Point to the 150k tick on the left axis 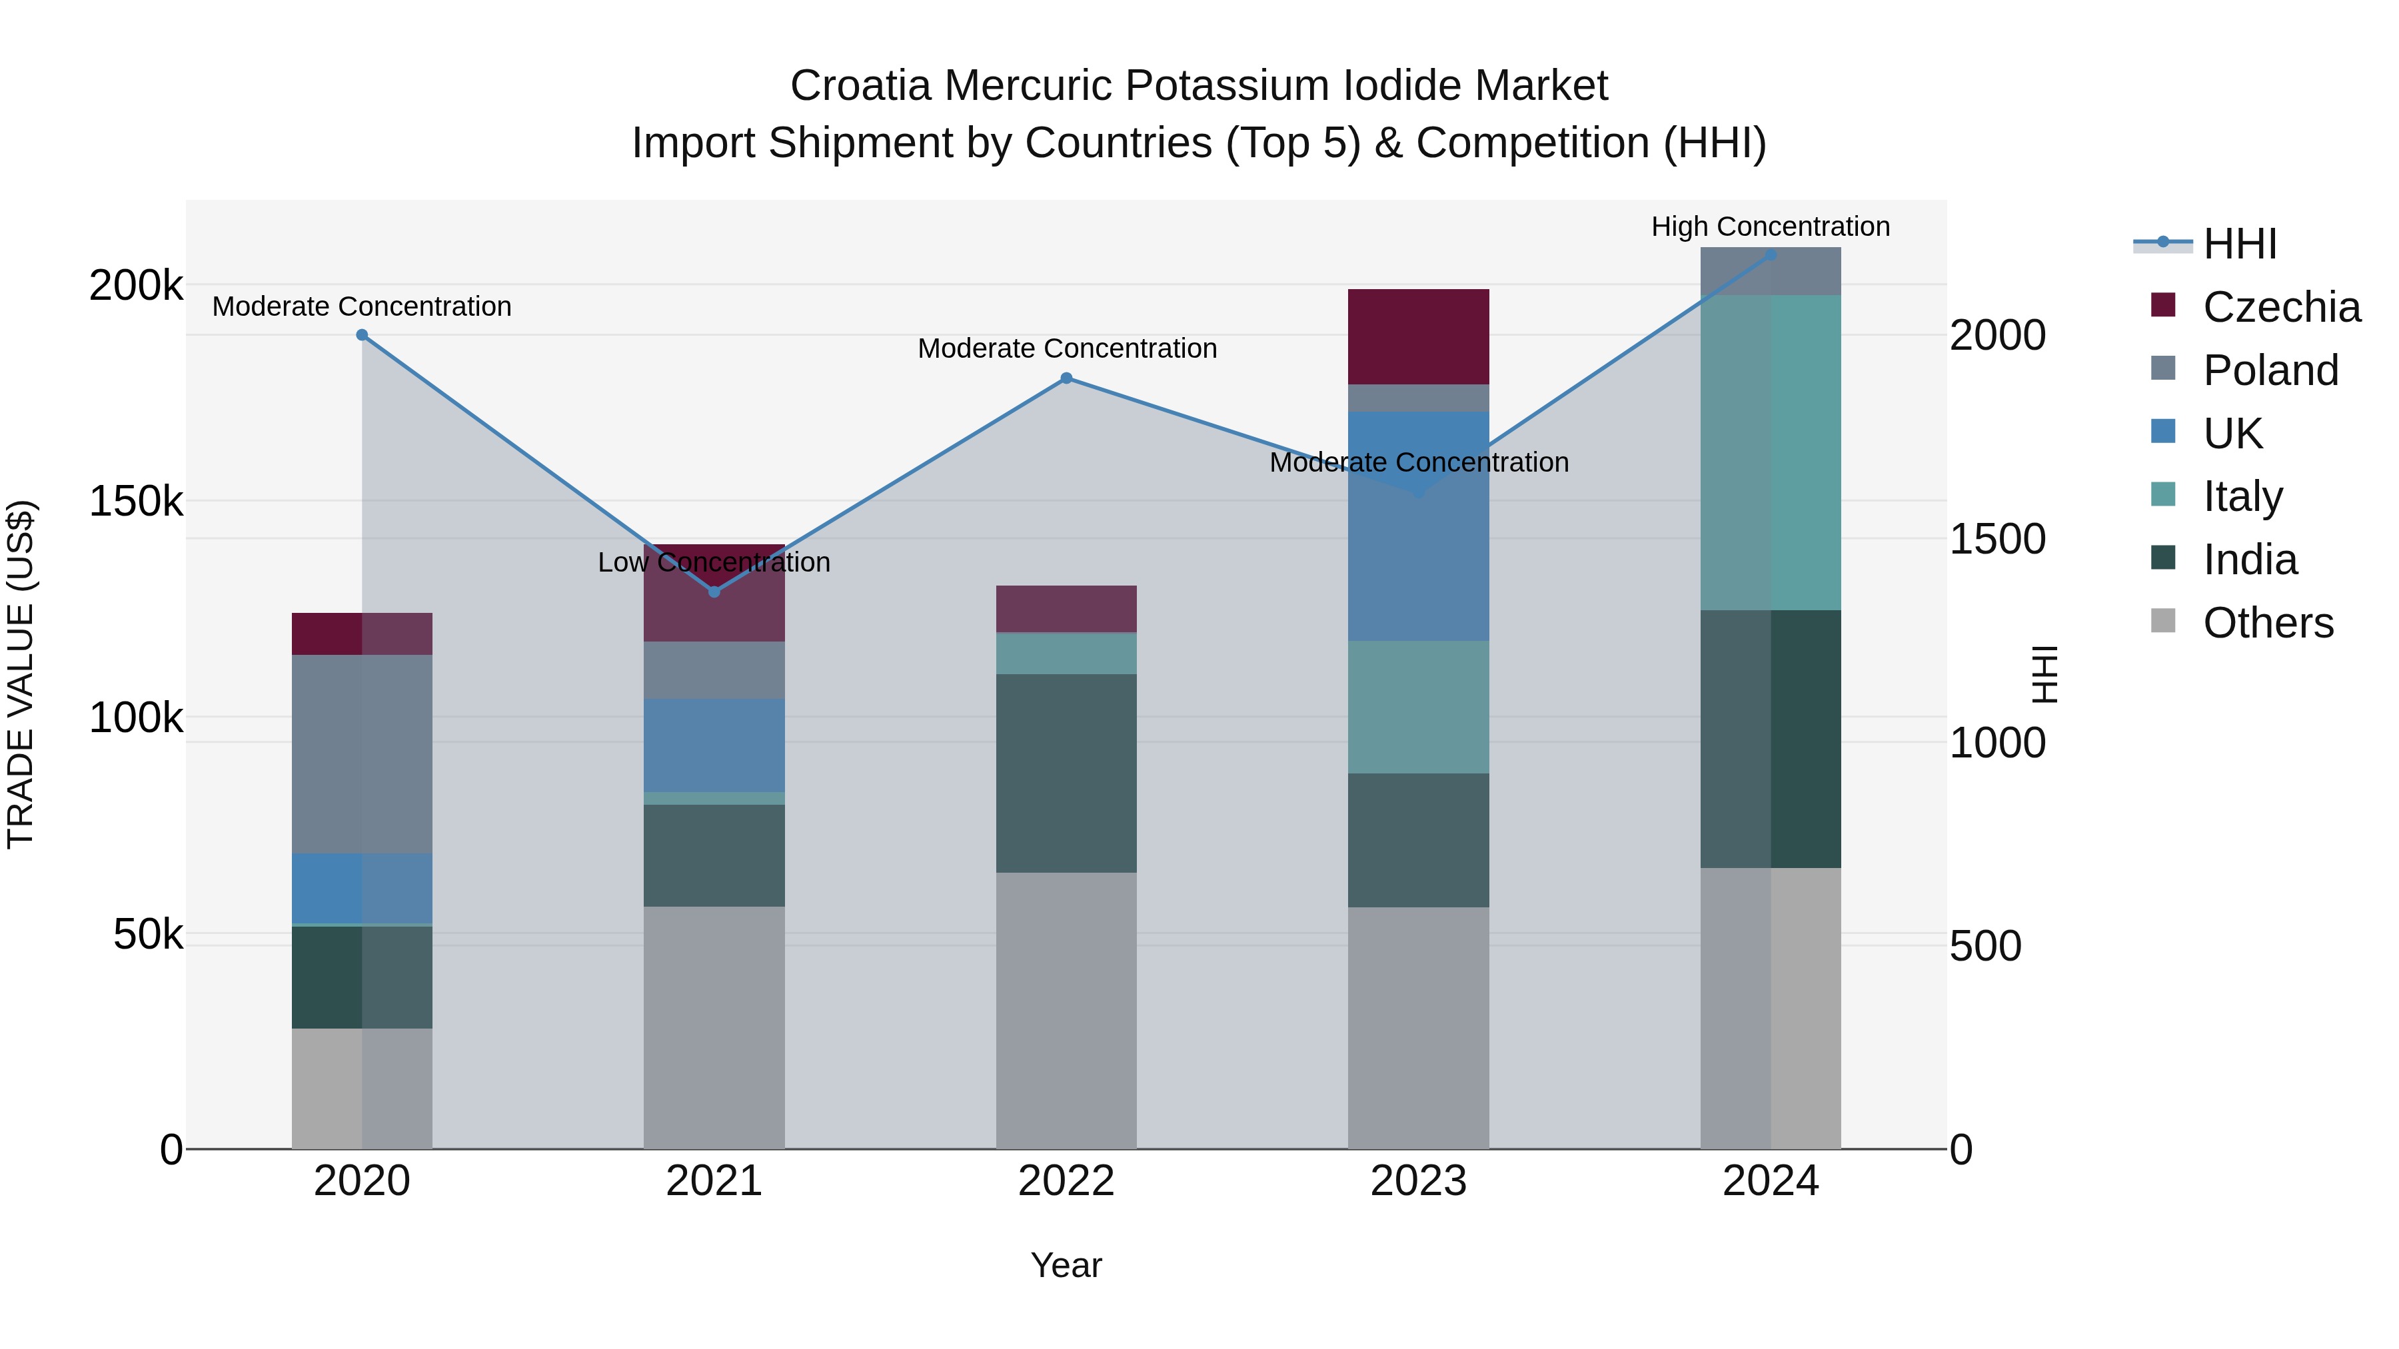pyautogui.click(x=136, y=502)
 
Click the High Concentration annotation pyautogui.click(x=1769, y=226)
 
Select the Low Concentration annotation pyautogui.click(x=713, y=562)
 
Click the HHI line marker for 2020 pyautogui.click(x=363, y=335)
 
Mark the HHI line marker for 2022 pyautogui.click(x=1066, y=378)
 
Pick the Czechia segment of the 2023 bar pyautogui.click(x=1418, y=336)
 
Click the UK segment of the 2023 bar pyautogui.click(x=1418, y=526)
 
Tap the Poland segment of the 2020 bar pyautogui.click(x=363, y=754)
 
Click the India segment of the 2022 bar pyautogui.click(x=1066, y=773)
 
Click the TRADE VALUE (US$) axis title pyautogui.click(x=21, y=674)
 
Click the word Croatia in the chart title pyautogui.click(x=860, y=86)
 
